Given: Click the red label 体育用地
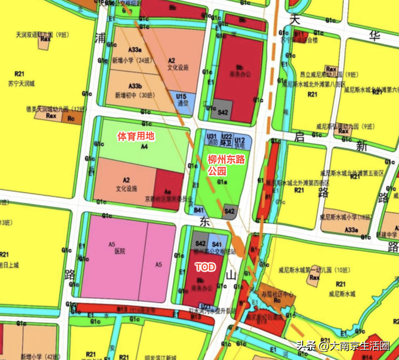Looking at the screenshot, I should pyautogui.click(x=137, y=135).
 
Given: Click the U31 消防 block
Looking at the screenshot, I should pyautogui.click(x=211, y=140).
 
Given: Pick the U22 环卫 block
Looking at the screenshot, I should pyautogui.click(x=227, y=140).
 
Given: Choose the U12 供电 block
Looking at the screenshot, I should pyautogui.click(x=240, y=141).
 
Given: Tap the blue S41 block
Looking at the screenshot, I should pyautogui.click(x=216, y=244).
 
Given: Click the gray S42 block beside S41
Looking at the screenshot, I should pyautogui.click(x=201, y=244).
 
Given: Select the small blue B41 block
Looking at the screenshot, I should pyautogui.click(x=199, y=211).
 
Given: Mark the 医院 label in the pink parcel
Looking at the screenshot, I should pyautogui.click(x=120, y=252).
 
